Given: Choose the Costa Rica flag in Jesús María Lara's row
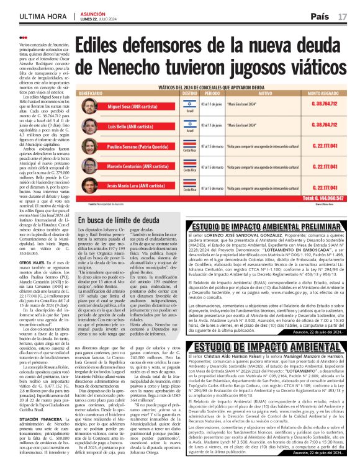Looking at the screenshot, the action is point(189,185).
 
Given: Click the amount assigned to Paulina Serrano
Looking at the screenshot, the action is point(325,146).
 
